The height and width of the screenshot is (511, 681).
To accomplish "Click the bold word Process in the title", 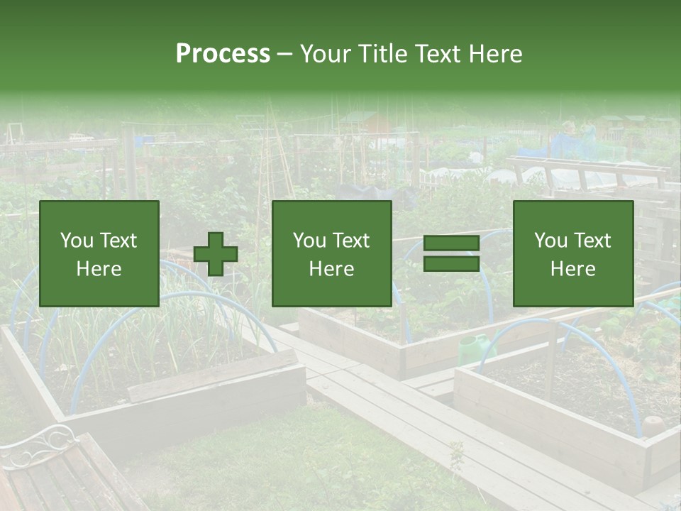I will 223,54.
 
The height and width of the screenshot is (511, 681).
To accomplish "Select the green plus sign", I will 216,254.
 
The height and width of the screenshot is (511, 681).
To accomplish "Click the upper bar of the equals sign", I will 451,243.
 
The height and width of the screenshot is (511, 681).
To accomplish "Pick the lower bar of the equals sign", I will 451,263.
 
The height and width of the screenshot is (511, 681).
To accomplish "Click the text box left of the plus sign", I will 99,253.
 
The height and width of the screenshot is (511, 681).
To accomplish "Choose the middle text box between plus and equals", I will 331,253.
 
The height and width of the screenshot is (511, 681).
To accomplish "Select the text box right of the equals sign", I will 572,253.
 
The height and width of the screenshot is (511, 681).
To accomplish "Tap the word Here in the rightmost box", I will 572,268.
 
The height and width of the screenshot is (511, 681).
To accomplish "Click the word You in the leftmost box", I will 77,241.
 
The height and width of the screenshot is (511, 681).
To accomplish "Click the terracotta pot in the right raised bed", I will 652,426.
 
